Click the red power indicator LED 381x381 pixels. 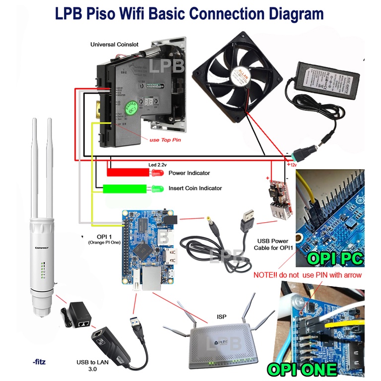157,173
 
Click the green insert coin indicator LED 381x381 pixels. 157,189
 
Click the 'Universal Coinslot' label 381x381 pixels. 114,45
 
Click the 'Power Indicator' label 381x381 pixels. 189,173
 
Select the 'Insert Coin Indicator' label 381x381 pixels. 195,188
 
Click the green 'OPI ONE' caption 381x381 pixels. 303,369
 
